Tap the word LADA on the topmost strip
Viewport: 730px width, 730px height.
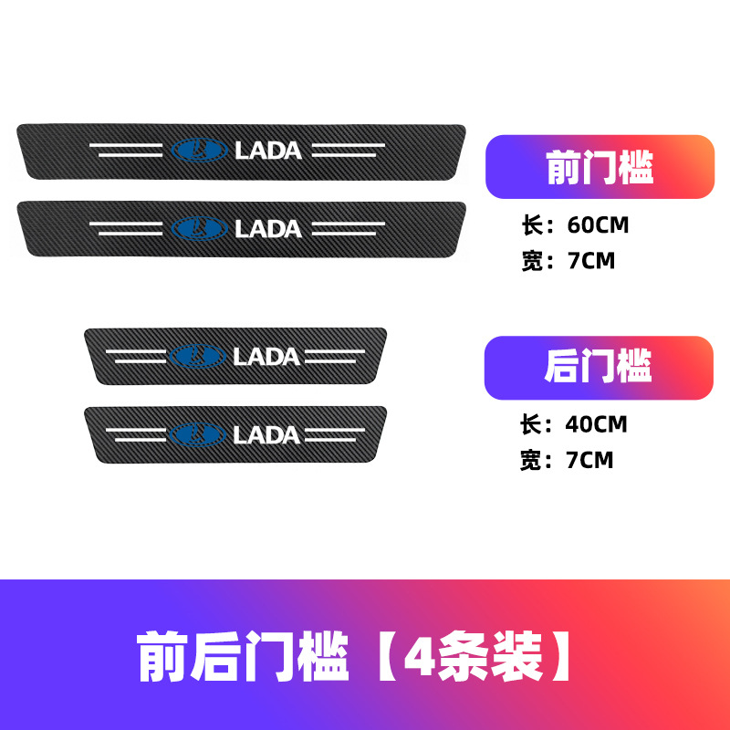click(268, 151)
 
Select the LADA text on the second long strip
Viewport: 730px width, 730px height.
click(268, 228)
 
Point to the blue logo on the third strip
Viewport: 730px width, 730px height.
click(198, 356)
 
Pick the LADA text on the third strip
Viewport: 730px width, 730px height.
click(266, 356)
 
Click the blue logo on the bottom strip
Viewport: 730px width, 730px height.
click(198, 434)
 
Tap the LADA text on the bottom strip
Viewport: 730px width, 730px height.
click(266, 434)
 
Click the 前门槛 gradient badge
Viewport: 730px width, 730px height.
click(599, 167)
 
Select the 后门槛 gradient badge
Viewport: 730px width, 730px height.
click(598, 368)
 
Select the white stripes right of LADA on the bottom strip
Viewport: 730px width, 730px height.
click(342, 434)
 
